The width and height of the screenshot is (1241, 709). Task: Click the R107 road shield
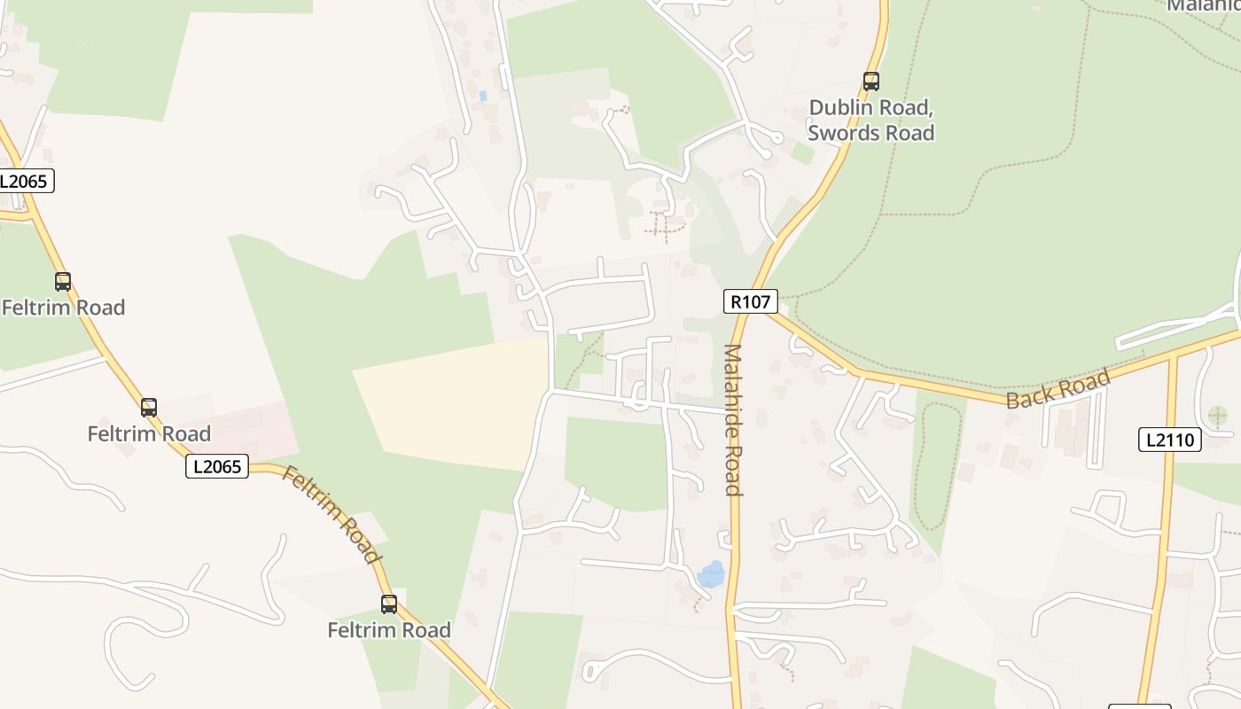tap(751, 301)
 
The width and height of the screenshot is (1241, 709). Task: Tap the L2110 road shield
tap(1169, 440)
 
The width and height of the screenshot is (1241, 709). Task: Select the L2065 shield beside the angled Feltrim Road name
tap(217, 466)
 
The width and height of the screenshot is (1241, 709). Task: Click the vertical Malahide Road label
tap(732, 419)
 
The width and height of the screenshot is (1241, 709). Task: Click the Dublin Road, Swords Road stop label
tap(870, 121)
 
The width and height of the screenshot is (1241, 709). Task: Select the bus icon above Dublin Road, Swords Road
tap(871, 82)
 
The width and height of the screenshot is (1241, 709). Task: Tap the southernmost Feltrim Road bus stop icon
tap(389, 604)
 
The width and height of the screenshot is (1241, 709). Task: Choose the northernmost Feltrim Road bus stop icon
tap(63, 282)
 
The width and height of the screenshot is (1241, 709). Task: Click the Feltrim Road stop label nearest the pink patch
tap(149, 433)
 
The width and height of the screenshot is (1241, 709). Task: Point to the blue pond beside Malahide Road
tap(711, 574)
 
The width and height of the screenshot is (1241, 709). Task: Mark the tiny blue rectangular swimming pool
tap(482, 95)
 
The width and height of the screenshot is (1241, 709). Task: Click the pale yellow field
tap(452, 403)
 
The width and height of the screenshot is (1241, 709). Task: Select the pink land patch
tap(257, 430)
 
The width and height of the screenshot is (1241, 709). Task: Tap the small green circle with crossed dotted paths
tap(1218, 415)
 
